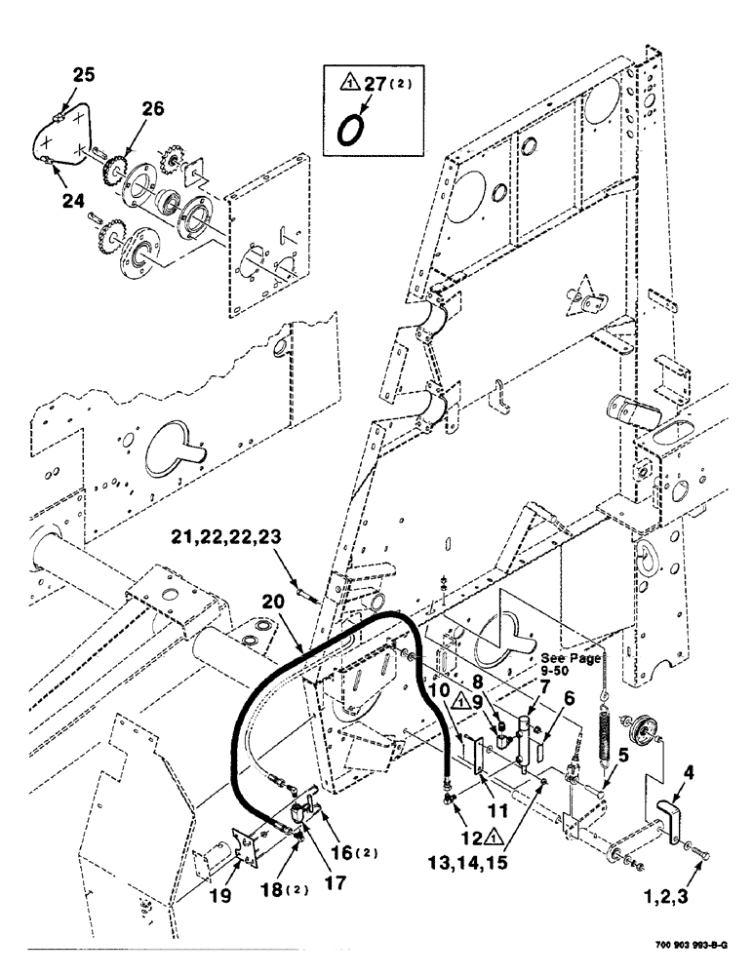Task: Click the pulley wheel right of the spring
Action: [640, 729]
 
